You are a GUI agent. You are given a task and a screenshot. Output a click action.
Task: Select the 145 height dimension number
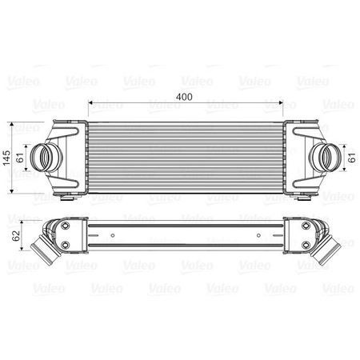pyautogui.click(x=7, y=157)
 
